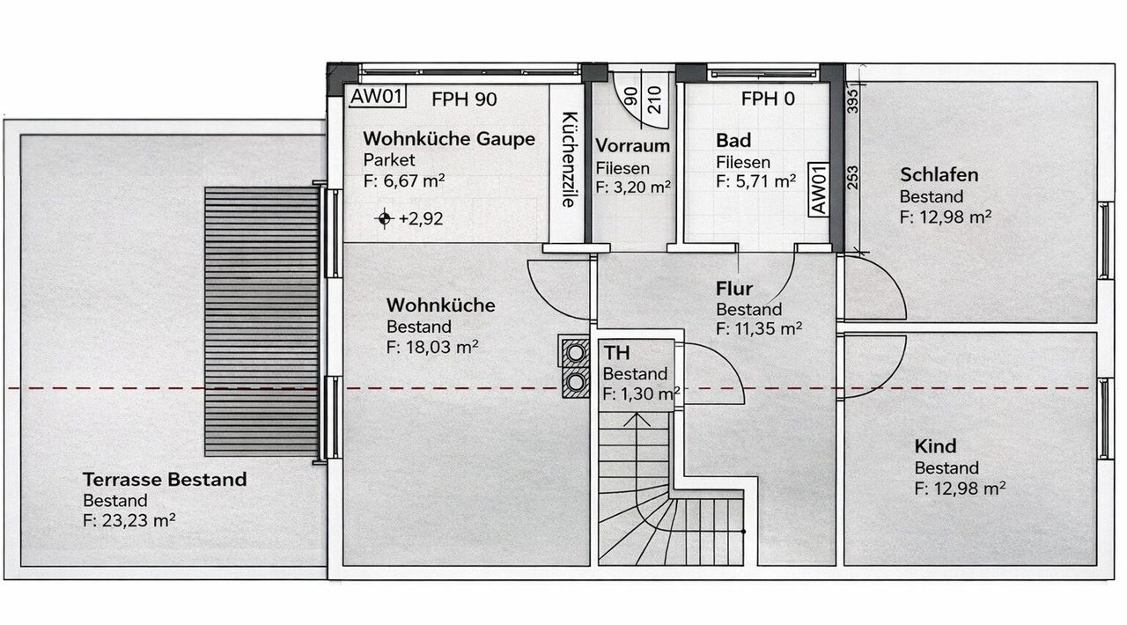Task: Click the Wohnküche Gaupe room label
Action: pos(449,140)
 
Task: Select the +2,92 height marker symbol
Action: pos(384,218)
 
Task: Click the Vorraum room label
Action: pos(632,146)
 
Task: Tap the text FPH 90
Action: pos(464,99)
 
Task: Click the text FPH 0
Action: pos(768,99)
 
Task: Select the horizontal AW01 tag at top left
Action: pos(377,97)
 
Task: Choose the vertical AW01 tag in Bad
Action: pos(816,189)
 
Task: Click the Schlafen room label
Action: pos(939,175)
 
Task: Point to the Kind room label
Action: pos(935,446)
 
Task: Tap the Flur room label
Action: pos(733,289)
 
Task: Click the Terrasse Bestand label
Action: pos(165,480)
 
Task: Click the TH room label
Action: pos(616,354)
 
